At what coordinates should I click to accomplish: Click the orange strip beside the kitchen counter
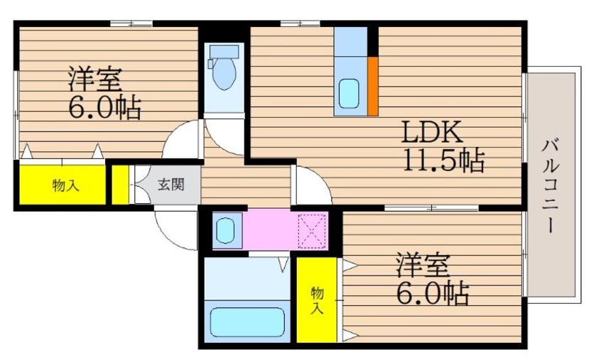373,85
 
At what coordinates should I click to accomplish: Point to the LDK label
433,133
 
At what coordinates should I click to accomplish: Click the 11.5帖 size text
444,162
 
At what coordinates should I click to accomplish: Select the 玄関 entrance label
170,185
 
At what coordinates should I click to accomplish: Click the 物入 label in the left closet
65,185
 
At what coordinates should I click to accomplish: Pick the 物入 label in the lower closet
317,299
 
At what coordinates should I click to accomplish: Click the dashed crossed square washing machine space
312,230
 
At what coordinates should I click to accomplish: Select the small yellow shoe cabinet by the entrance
120,185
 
